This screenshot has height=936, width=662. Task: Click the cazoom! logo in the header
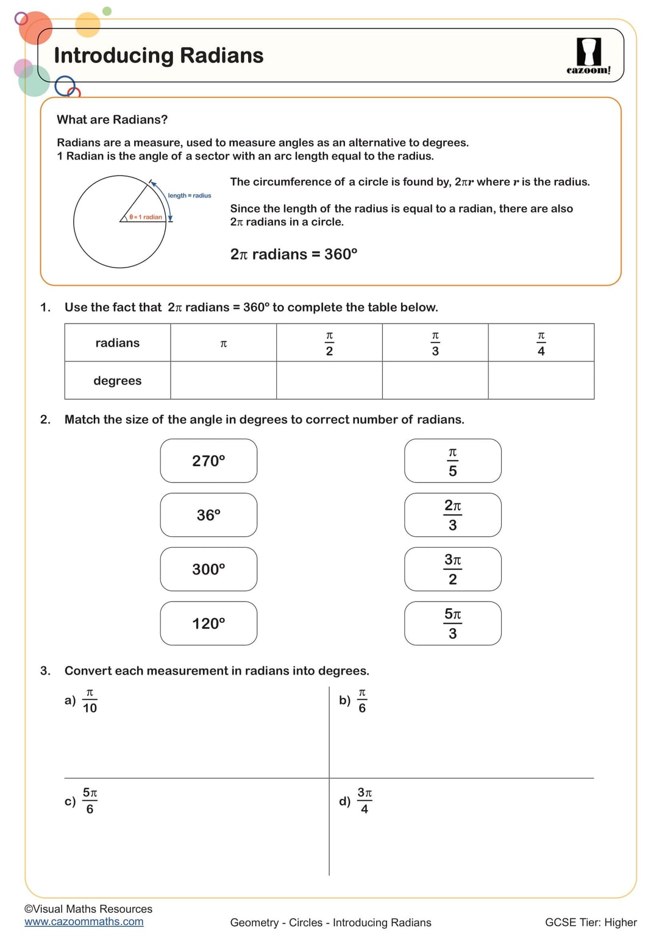tap(588, 56)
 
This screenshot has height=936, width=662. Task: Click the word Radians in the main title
tap(221, 55)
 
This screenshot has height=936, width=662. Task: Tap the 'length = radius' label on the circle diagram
tap(190, 196)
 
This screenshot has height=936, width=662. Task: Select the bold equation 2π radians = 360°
tap(293, 254)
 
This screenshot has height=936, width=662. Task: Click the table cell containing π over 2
tap(329, 343)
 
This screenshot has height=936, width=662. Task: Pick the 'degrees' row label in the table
tap(117, 381)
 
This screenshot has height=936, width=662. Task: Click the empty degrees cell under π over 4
tap(541, 381)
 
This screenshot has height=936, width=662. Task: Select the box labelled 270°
tap(208, 461)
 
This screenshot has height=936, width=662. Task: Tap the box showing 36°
tap(208, 515)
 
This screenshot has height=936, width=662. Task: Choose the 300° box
tap(208, 569)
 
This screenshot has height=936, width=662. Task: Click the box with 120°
tap(208, 623)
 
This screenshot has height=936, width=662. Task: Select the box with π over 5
tap(452, 461)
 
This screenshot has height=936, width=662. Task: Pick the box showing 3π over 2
tap(452, 569)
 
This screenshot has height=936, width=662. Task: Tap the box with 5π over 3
tap(452, 623)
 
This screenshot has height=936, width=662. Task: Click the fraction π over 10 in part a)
tap(90, 701)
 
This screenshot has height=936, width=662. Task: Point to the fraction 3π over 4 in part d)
tap(365, 801)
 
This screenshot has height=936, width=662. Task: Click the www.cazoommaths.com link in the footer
tap(84, 922)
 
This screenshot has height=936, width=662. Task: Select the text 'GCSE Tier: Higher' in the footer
tap(590, 923)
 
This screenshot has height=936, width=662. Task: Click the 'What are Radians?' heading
tap(112, 119)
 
